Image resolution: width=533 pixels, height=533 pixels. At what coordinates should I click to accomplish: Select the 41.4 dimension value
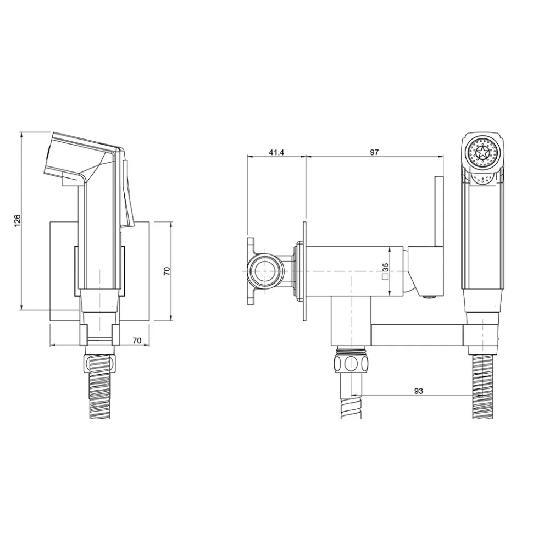pyautogui.click(x=276, y=152)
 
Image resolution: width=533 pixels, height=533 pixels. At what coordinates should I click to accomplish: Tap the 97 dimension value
pyautogui.click(x=374, y=152)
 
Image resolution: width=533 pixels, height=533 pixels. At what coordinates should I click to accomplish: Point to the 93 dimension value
pyautogui.click(x=419, y=391)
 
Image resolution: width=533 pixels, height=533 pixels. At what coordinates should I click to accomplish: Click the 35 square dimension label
pyautogui.click(x=386, y=267)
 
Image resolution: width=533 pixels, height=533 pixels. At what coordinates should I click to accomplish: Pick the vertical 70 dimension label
pyautogui.click(x=166, y=271)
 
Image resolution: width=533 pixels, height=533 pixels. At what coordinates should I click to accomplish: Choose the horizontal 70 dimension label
pyautogui.click(x=137, y=340)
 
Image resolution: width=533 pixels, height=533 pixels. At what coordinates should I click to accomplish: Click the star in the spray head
pyautogui.click(x=482, y=152)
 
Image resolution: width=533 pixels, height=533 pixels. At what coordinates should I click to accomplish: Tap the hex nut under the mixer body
pyautogui.click(x=350, y=363)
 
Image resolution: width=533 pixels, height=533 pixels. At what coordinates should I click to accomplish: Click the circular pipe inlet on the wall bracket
pyautogui.click(x=265, y=271)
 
